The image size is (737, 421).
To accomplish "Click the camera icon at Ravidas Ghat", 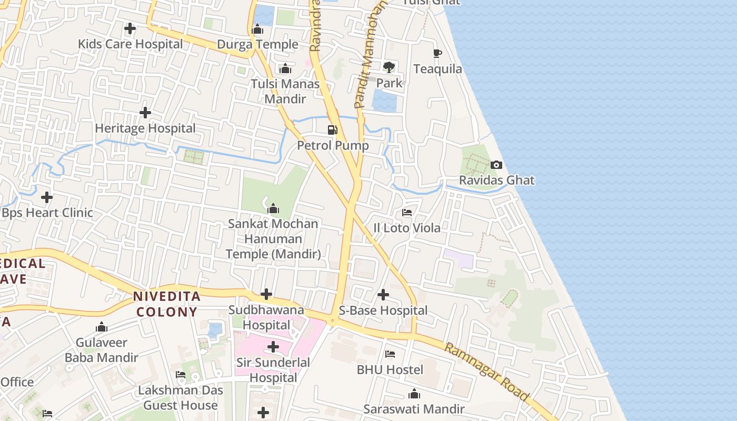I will pos(496,165).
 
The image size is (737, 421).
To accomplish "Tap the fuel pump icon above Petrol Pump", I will pos(333,130).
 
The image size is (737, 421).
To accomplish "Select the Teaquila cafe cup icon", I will pos(437,53).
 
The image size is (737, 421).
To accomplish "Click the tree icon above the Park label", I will pos(389,67).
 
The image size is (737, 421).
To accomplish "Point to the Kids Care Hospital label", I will pos(130,44).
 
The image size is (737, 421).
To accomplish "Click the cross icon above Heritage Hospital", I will pos(145,113).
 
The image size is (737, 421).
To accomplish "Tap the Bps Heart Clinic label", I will pos(47,213).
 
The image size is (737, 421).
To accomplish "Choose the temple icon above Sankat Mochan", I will pos(273,208).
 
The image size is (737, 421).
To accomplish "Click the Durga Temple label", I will pos(257,44).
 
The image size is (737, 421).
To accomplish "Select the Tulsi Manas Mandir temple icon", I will pos(285,68).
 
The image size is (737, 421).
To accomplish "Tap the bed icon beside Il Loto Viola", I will pos(407,213).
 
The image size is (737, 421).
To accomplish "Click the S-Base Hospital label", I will pos(383,310).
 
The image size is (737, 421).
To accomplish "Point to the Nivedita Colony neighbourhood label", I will pos(166,304).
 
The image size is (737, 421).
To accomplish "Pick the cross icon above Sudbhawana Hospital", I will pos(266,294).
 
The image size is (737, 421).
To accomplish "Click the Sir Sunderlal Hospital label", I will pos(273,370).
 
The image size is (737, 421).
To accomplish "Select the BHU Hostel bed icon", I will pos(390,354).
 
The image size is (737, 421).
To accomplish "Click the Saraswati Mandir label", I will pos(414,409).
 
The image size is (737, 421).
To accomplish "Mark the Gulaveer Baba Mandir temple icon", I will pos(102,327).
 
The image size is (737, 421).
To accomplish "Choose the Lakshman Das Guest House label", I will pos(181,398).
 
